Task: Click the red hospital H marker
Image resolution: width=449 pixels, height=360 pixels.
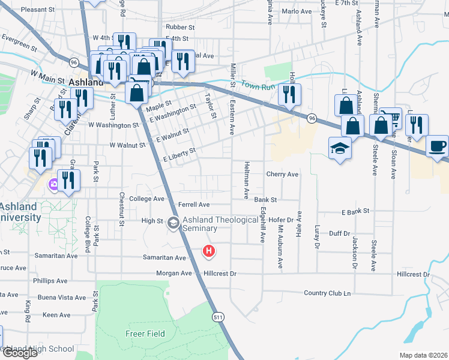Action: click(x=209, y=251)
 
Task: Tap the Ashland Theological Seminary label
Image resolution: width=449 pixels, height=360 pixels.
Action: click(x=220, y=224)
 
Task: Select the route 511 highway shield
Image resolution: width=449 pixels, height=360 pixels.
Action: click(x=217, y=316)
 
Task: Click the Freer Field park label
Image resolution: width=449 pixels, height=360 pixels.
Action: click(x=142, y=334)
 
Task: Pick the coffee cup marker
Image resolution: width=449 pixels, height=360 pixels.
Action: click(x=437, y=146)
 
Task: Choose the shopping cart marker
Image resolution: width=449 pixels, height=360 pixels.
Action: click(x=391, y=118)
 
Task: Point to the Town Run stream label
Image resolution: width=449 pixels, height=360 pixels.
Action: click(x=259, y=86)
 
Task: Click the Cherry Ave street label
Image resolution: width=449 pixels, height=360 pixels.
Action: click(x=282, y=175)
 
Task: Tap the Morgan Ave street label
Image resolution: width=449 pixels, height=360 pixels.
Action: click(x=175, y=274)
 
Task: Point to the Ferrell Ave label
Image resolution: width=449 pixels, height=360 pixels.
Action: click(x=193, y=205)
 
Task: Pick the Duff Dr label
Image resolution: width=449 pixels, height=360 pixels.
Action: click(x=339, y=233)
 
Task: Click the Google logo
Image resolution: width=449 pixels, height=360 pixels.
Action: click(x=20, y=353)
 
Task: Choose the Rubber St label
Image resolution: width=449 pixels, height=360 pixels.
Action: click(x=181, y=27)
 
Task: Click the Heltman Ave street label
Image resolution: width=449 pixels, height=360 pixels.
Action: click(x=246, y=180)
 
